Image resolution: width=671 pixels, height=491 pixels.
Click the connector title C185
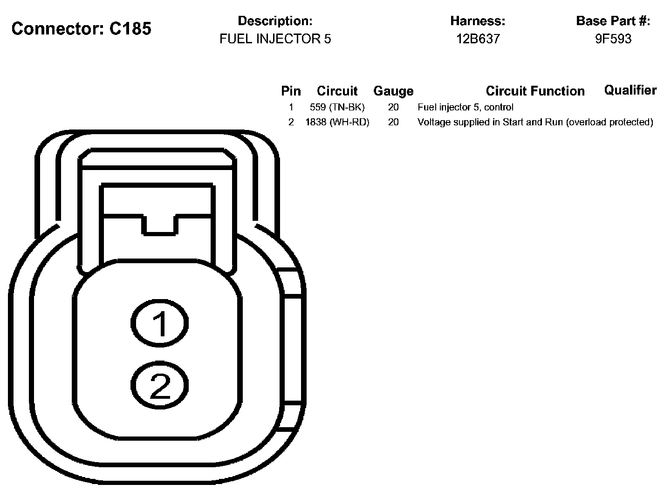pyautogui.click(x=82, y=29)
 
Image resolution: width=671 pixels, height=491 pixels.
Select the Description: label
pyautogui.click(x=275, y=21)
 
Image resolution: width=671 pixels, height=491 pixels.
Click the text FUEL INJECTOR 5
pyautogui.click(x=275, y=39)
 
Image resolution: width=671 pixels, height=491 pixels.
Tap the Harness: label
pyautogui.click(x=478, y=21)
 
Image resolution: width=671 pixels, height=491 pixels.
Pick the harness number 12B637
pyautogui.click(x=478, y=39)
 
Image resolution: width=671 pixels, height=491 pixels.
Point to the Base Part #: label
pyautogui.click(x=613, y=21)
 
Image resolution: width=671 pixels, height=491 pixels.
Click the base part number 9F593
pyautogui.click(x=613, y=39)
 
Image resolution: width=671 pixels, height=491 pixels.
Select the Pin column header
pyautogui.click(x=291, y=91)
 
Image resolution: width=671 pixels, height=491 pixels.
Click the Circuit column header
pyautogui.click(x=337, y=91)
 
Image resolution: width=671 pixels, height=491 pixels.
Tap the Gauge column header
pyautogui.click(x=393, y=91)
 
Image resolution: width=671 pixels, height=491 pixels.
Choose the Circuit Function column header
pyautogui.click(x=535, y=91)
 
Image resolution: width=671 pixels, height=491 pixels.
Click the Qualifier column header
pyautogui.click(x=630, y=90)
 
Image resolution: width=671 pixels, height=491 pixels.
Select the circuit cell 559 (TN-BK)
pyautogui.click(x=337, y=107)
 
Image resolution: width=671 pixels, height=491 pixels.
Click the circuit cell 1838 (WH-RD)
pyautogui.click(x=337, y=122)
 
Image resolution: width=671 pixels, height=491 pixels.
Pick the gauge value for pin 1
pyautogui.click(x=393, y=107)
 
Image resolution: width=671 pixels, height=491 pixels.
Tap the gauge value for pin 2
pyautogui.click(x=393, y=122)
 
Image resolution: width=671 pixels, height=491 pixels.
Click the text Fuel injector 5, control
pyautogui.click(x=466, y=107)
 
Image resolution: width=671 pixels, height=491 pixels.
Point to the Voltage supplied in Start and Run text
pyautogui.click(x=535, y=122)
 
